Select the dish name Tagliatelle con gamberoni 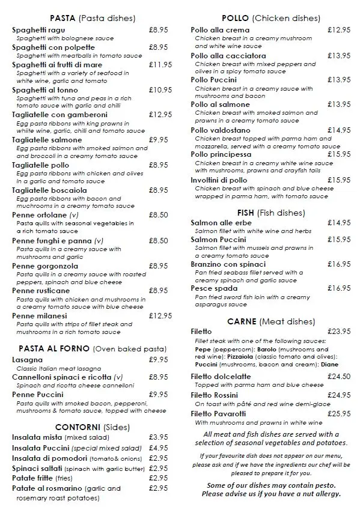coord(51,115)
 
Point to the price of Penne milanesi coord(160,315)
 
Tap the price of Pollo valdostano coord(339,130)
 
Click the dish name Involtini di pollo coord(219,180)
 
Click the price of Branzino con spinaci coord(339,264)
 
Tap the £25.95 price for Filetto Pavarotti coord(339,414)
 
